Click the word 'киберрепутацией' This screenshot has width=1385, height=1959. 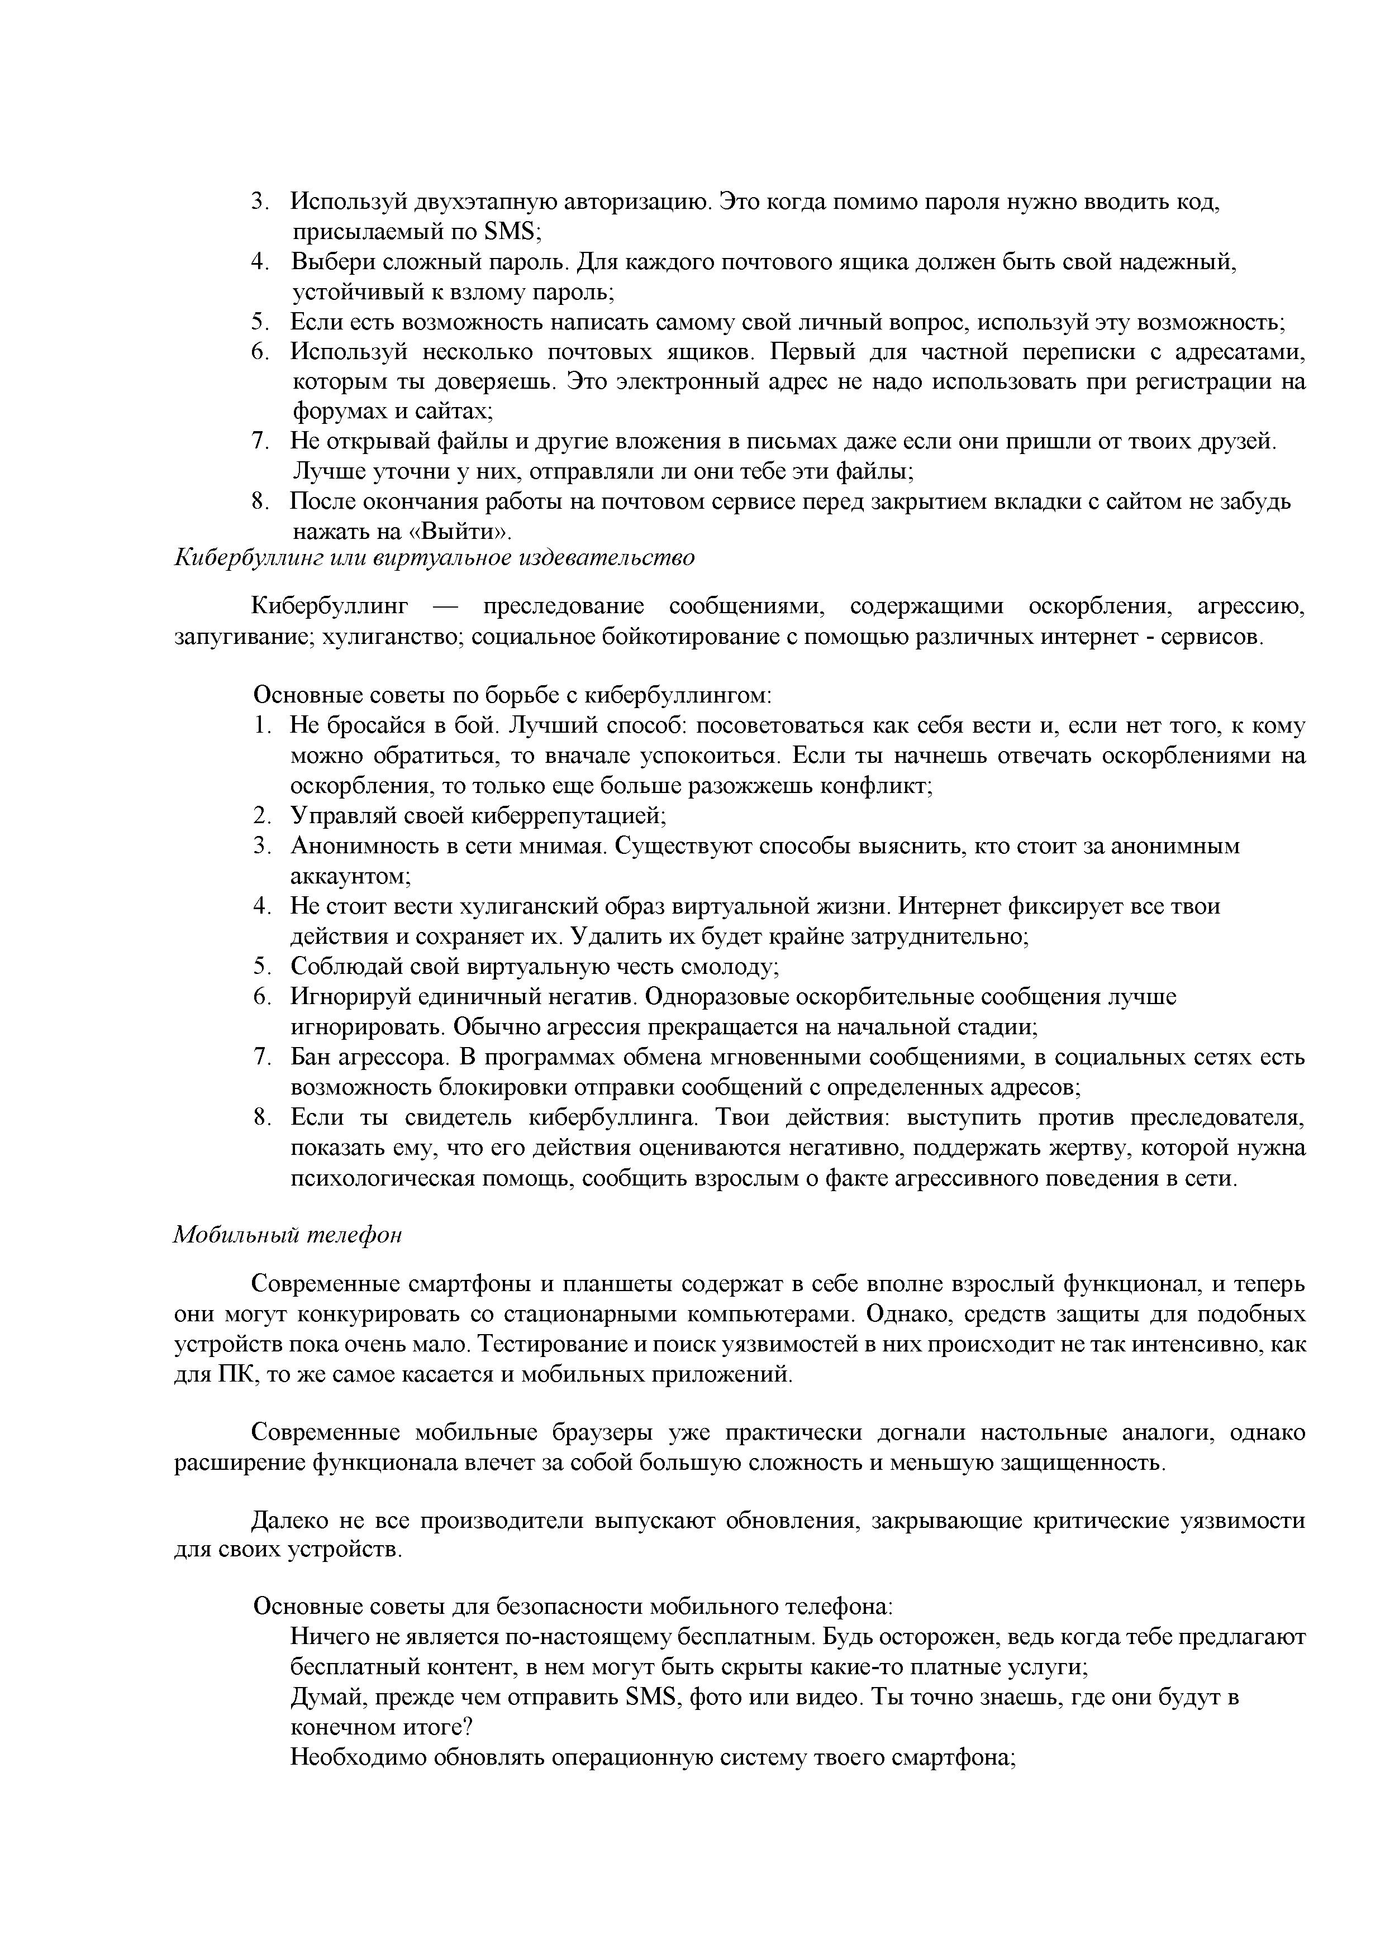coord(569,816)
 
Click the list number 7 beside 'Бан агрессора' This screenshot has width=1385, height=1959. coord(260,1057)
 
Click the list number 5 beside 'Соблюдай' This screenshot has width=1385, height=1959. coord(260,967)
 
